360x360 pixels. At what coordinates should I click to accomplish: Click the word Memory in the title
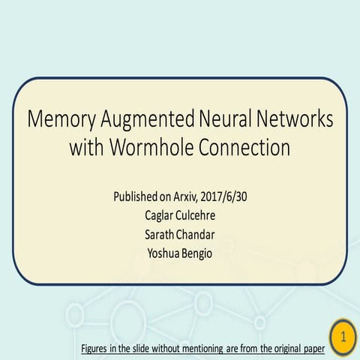click(61, 119)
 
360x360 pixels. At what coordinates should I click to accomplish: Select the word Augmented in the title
click(148, 119)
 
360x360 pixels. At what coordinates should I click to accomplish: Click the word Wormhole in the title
click(151, 147)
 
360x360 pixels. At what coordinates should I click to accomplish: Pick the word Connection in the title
click(244, 147)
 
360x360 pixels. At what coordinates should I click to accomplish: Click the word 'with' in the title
click(86, 147)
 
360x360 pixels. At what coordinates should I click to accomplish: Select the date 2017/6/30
click(223, 196)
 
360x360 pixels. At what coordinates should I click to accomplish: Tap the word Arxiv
click(186, 196)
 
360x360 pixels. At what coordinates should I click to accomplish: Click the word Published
click(135, 197)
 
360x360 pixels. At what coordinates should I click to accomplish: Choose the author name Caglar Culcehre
click(180, 216)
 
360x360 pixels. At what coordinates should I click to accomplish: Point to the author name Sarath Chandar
click(180, 235)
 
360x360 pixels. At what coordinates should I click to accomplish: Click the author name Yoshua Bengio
click(180, 253)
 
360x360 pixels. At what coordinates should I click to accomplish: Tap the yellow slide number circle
click(343, 337)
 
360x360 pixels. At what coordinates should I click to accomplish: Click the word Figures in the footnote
click(94, 349)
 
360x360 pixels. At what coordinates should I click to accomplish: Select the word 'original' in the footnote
click(288, 349)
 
